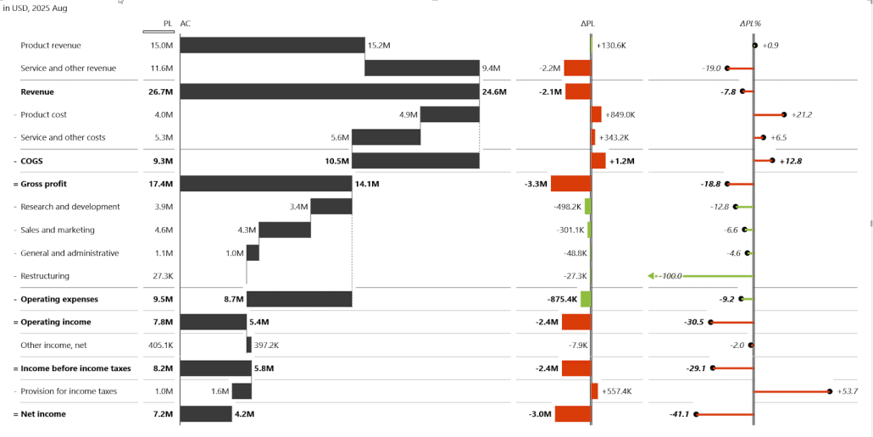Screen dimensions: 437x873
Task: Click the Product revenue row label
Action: coord(51,45)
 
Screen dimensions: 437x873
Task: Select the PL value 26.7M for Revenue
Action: coord(161,91)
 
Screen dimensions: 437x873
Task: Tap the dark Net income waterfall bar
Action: coord(206,414)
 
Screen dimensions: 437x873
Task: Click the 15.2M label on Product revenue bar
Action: coord(378,45)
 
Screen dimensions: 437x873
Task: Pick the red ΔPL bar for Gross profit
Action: coord(570,184)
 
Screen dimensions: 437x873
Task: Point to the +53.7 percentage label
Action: coord(848,391)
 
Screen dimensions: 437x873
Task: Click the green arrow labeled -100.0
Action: coord(665,276)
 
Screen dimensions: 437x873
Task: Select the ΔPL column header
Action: coord(587,24)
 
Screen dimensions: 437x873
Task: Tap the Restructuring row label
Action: coord(45,276)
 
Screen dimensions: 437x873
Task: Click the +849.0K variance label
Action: coord(619,114)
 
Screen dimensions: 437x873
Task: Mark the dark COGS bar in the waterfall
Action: coord(415,161)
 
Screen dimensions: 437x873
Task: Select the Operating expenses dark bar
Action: coord(299,299)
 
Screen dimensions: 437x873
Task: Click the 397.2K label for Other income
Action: coord(267,346)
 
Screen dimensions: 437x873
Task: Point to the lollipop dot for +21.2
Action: coord(784,114)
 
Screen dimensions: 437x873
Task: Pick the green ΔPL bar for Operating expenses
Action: coord(586,299)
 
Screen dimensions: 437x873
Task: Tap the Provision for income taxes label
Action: coord(69,391)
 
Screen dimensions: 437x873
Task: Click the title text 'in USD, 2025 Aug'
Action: coord(36,8)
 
